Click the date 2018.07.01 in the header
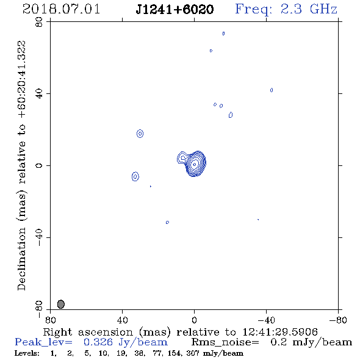click(61, 9)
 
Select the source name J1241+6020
click(175, 9)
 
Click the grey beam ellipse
click(61, 304)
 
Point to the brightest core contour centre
click(195, 164)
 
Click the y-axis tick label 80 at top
click(39, 22)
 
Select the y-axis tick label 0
click(39, 165)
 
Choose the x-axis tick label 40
click(123, 320)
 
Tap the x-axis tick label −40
click(266, 320)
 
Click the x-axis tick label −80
click(338, 320)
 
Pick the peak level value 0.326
click(98, 342)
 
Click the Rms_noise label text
click(225, 342)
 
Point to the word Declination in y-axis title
click(21, 259)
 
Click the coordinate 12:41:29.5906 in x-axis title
click(280, 332)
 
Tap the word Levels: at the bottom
click(27, 353)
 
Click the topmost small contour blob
click(223, 34)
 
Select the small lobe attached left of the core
click(182, 157)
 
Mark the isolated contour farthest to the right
click(272, 90)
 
